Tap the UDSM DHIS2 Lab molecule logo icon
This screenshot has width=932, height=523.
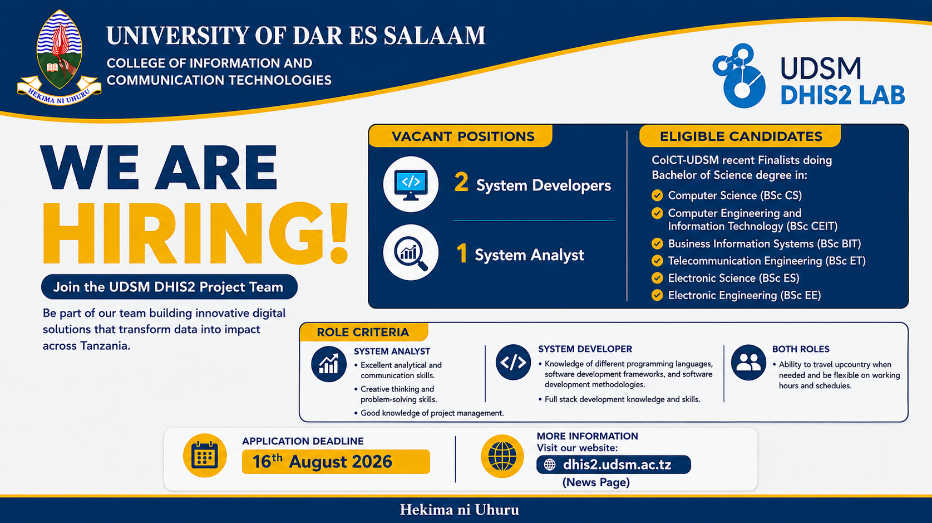tap(739, 76)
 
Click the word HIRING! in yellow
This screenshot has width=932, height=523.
tap(195, 233)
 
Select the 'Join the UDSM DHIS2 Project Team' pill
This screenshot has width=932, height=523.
tap(169, 287)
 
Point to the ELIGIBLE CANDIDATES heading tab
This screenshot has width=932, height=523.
tap(740, 136)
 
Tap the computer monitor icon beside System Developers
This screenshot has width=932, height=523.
tap(411, 184)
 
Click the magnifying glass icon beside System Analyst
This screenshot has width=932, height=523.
tap(411, 253)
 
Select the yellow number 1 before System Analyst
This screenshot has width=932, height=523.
tap(461, 253)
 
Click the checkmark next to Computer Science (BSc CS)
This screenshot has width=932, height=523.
tap(657, 195)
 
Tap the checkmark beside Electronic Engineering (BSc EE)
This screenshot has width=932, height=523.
tap(657, 295)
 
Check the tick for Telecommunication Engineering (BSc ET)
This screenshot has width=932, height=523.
tap(657, 261)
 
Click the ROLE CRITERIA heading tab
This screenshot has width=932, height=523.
tap(363, 332)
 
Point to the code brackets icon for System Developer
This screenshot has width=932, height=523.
tap(513, 362)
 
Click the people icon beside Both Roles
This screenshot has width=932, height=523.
tap(748, 362)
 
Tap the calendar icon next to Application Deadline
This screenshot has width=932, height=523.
tap(205, 456)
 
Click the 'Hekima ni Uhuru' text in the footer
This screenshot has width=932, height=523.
tap(460, 510)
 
